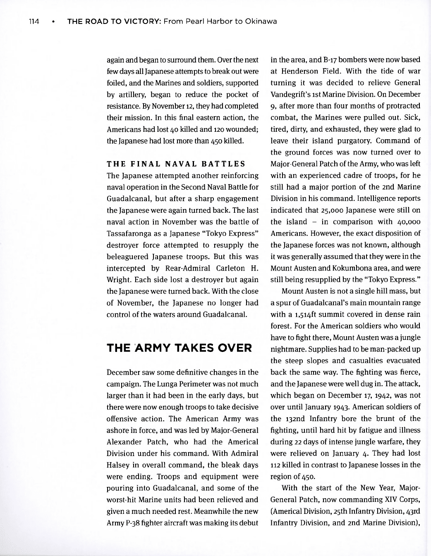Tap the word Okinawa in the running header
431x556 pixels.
[260, 21]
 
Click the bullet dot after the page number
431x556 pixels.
[53, 21]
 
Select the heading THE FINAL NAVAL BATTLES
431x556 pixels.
[176, 164]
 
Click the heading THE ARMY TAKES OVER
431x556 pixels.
[179, 348]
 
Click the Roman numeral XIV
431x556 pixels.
[382, 500]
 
